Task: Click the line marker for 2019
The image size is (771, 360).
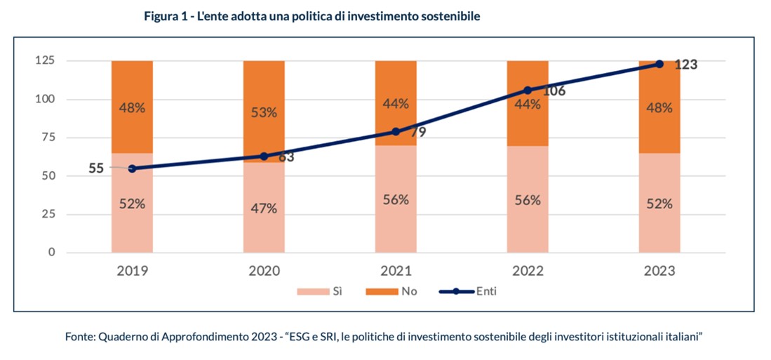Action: point(132,168)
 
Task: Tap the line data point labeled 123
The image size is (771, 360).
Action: point(659,64)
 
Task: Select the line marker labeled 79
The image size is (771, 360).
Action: point(396,131)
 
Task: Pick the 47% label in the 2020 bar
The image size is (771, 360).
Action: point(264,208)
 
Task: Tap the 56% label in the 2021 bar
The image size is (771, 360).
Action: point(396,199)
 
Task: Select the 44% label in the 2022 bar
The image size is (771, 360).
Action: point(528,105)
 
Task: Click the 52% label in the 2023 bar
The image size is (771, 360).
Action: point(659,204)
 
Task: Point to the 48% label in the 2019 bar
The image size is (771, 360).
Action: point(132,108)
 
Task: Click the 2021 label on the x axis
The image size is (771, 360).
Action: point(396,272)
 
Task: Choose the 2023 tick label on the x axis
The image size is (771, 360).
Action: point(659,272)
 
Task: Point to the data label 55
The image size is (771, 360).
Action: point(97,168)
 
